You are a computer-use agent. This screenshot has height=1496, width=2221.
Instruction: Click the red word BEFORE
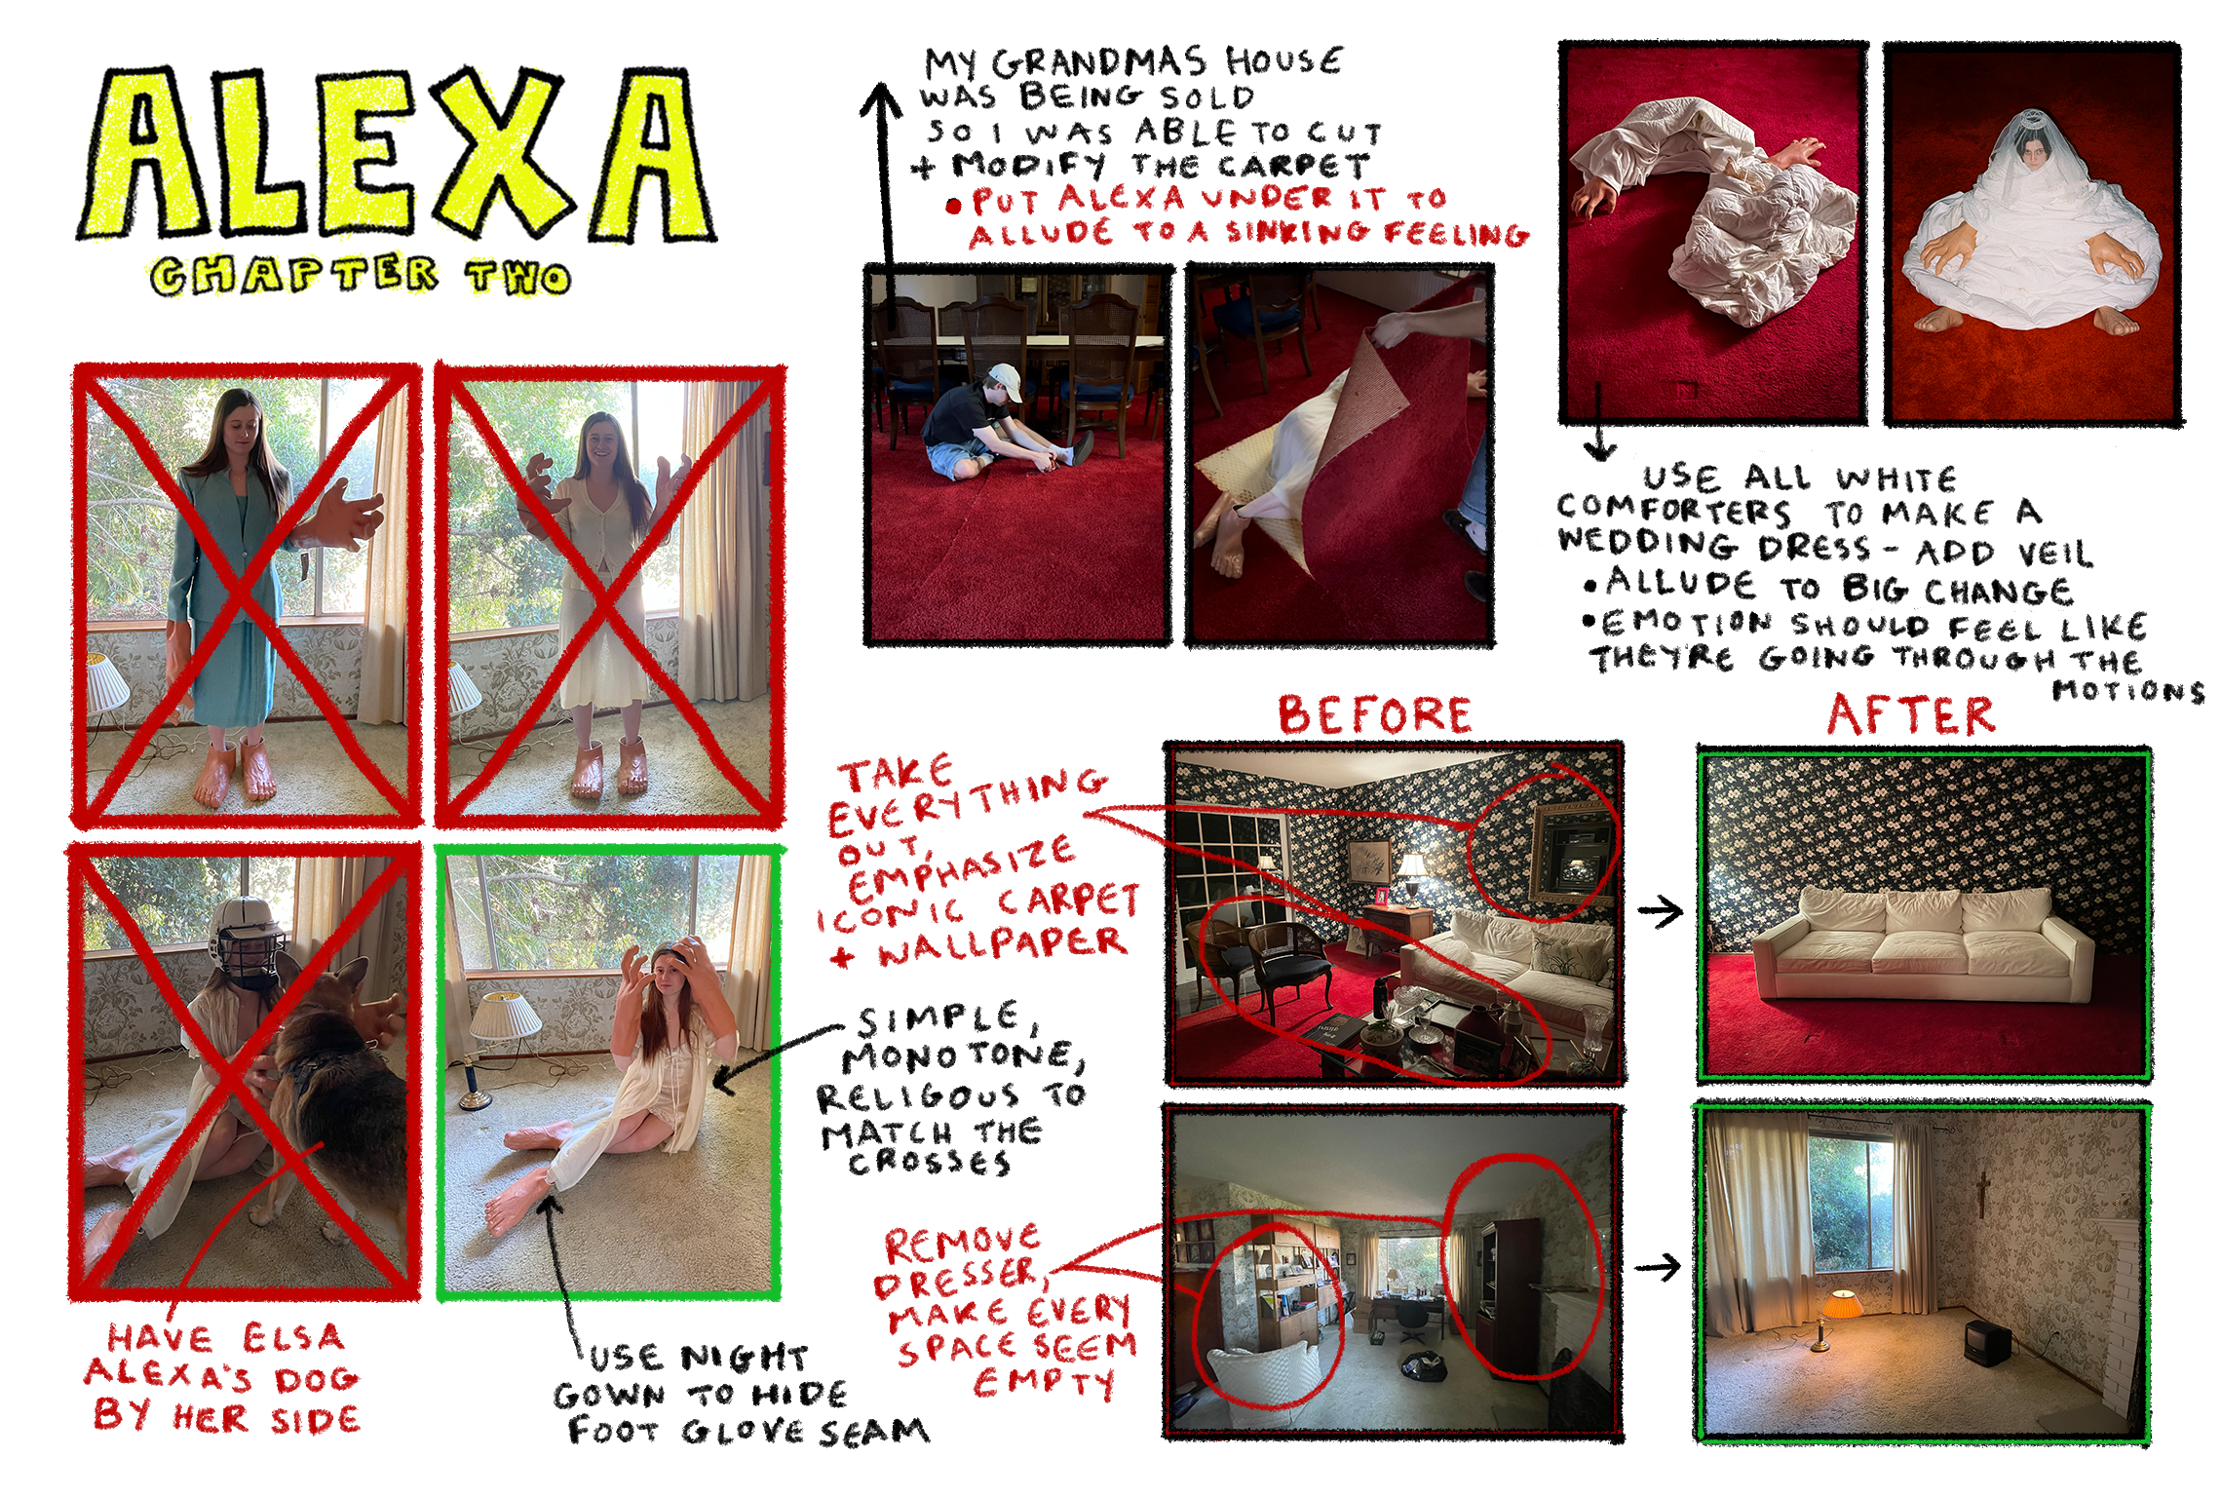pos(1374,715)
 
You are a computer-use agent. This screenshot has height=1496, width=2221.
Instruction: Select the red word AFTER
pos(1910,715)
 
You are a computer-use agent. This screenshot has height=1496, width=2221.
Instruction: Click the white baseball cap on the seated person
pos(1005,381)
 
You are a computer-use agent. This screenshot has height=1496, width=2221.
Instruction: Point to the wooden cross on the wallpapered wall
pos(1981,1193)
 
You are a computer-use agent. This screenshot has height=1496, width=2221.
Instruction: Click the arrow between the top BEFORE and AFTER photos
pos(1660,912)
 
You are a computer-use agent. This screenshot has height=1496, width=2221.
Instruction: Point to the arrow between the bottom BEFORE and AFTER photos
pos(1657,1267)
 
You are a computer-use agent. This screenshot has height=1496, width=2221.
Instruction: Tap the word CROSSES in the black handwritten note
pos(928,1163)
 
